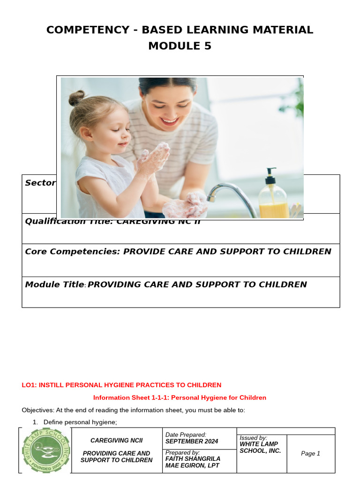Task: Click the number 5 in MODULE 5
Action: tap(207, 46)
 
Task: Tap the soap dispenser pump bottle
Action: tap(273, 196)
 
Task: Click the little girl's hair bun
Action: tap(76, 97)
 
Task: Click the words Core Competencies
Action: tap(72, 251)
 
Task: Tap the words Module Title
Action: tap(54, 285)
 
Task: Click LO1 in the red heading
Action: tap(29, 385)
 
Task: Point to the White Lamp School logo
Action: tap(45, 450)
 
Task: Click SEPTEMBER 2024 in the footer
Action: tap(191, 442)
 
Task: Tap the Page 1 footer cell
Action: tap(310, 453)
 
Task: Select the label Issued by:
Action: tap(253, 438)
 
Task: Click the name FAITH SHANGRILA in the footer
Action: tap(193, 459)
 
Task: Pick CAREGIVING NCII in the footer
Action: tap(116, 441)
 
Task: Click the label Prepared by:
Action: tap(183, 453)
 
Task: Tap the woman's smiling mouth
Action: tap(169, 122)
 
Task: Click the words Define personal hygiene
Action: tap(80, 422)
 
